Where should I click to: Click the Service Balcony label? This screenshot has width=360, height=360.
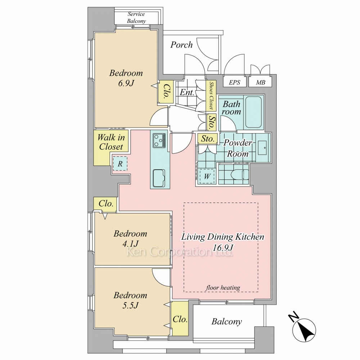[136, 17]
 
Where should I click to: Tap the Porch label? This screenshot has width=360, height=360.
[181, 45]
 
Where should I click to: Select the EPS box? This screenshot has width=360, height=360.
[235, 82]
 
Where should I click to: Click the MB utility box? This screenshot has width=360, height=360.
[260, 82]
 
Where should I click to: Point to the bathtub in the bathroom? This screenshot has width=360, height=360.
[254, 112]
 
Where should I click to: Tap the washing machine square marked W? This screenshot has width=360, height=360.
[207, 176]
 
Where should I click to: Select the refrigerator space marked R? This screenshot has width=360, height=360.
[120, 163]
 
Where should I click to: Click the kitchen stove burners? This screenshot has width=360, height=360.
[159, 140]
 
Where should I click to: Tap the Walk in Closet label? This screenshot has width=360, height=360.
[111, 142]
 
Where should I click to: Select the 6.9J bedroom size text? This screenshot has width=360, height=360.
[126, 83]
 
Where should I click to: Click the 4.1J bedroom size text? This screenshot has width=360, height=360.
[130, 244]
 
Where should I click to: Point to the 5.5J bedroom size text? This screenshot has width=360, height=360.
[130, 305]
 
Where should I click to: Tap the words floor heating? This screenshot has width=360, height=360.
[223, 287]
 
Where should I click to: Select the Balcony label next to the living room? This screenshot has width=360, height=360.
[226, 321]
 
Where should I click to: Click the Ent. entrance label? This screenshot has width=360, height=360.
[187, 92]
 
